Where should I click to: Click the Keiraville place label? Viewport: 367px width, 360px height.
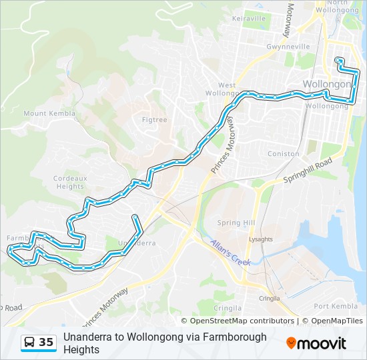pos(248,19)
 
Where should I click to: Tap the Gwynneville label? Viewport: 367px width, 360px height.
pos(288,47)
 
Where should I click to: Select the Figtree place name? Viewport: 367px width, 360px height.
pos(155,119)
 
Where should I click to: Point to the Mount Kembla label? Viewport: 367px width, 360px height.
pos(45,113)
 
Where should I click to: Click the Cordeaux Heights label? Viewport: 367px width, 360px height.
pos(70,182)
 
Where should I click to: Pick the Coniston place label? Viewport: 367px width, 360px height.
pos(283,153)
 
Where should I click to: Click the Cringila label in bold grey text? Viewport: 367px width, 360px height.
pos(228,309)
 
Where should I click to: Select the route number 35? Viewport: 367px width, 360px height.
pos(46,342)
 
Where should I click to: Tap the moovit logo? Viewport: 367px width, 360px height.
pos(316,343)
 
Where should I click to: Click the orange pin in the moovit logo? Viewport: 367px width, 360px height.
pos(292,343)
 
